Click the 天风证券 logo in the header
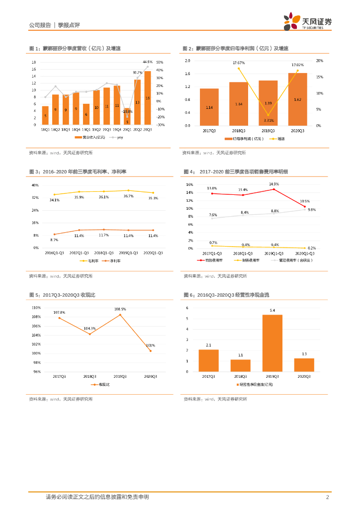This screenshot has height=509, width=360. pos(307,22)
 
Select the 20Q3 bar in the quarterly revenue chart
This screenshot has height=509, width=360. pos(148,98)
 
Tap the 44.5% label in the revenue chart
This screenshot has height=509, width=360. pos(147,62)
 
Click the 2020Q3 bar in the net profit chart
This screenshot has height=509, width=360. pos(297,99)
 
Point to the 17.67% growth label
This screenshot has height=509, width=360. pos(239,63)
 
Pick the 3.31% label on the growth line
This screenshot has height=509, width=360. pos(268,120)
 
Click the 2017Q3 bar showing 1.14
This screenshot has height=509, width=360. pos(209,107)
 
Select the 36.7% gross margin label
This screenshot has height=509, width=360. pos(128,196)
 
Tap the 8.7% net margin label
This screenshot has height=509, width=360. pos(55,240)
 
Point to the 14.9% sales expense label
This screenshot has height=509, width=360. pos(273,184)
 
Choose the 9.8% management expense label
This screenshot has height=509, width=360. pos(312,210)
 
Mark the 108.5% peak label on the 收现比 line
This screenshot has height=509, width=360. pos(120,309)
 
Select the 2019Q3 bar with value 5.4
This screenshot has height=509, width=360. pos(272,343)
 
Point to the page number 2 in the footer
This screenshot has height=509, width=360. pos(327,497)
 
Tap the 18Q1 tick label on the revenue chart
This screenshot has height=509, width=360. pos(45,129)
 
